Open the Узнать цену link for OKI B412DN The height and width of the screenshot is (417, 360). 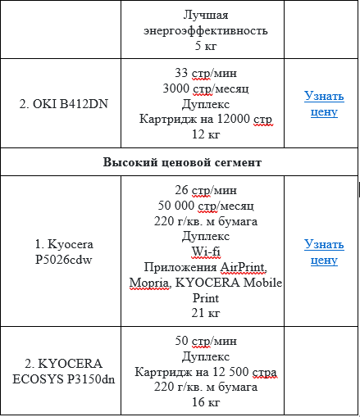(324, 103)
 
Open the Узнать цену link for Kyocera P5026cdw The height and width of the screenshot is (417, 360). (324, 252)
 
